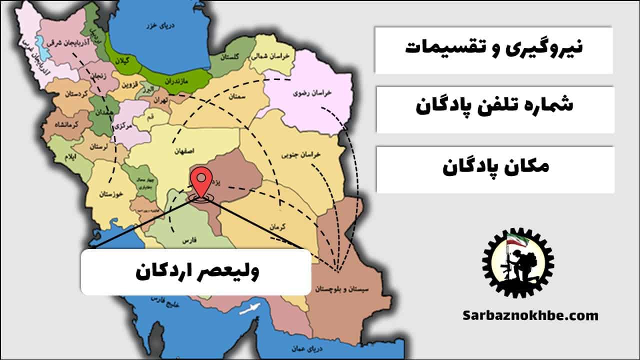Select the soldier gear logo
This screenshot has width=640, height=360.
point(518,263)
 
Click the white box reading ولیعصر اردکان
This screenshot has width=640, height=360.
point(196,272)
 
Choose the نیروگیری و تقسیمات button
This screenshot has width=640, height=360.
point(493,49)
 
